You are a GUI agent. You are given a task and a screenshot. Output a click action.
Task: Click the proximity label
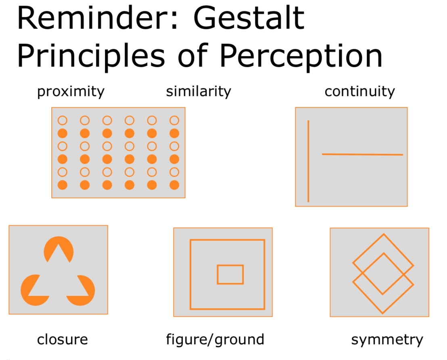(x=71, y=92)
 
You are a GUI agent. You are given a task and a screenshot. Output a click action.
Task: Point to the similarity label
(x=198, y=92)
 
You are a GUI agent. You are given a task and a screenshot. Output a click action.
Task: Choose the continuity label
(x=359, y=92)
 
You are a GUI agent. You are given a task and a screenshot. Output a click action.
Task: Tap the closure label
(x=62, y=339)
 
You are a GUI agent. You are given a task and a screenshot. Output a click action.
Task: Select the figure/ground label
(x=215, y=339)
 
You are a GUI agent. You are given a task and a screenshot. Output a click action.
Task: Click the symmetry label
(x=387, y=339)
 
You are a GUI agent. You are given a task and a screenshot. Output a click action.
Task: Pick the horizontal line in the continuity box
(x=362, y=154)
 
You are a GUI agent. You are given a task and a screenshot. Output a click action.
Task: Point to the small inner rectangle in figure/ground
(x=230, y=274)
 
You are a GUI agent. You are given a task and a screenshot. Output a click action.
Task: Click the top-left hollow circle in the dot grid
(x=62, y=120)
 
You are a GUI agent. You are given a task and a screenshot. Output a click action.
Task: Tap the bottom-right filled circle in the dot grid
(x=174, y=185)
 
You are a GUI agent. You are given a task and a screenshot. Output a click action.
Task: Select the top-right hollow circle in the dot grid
(x=174, y=120)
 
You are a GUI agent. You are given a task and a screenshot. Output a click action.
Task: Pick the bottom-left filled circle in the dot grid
(x=62, y=185)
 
